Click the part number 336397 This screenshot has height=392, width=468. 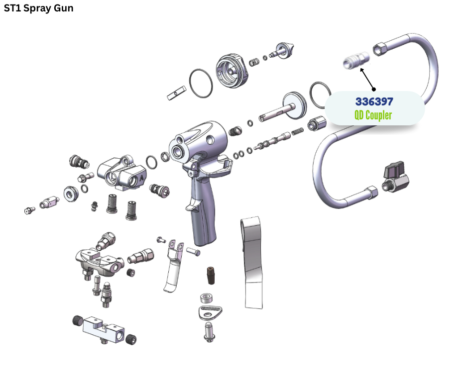pyautogui.click(x=374, y=101)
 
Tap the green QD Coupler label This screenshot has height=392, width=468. pyautogui.click(x=373, y=115)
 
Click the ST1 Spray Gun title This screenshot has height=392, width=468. pyautogui.click(x=38, y=8)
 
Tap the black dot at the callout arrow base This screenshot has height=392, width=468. pyautogui.click(x=374, y=89)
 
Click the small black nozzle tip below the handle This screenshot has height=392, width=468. pyautogui.click(x=211, y=275)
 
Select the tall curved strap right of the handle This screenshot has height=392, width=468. pyautogui.click(x=252, y=263)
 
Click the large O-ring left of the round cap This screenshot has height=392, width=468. pyautogui.click(x=201, y=83)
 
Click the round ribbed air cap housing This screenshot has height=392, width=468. pyautogui.click(x=232, y=71)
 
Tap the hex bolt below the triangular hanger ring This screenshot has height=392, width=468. pyautogui.click(x=209, y=332)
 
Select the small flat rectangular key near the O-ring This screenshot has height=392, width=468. pyautogui.click(x=176, y=93)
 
